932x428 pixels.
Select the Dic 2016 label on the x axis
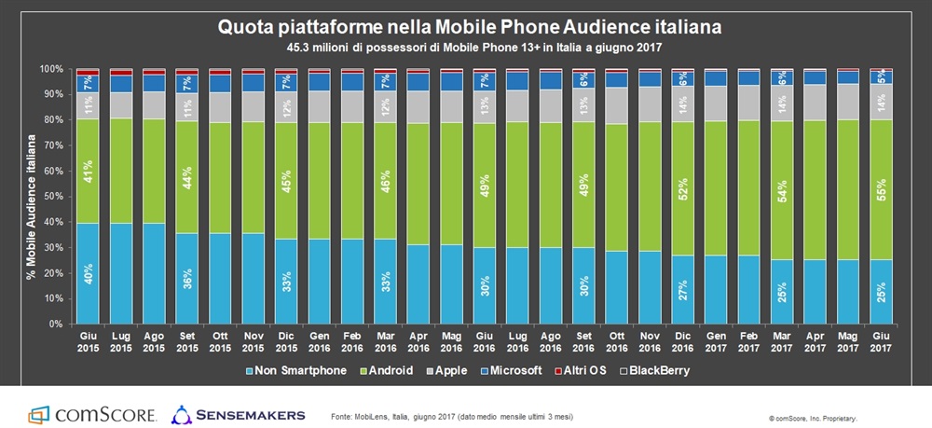point(683,341)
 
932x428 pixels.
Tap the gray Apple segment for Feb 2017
point(748,104)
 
